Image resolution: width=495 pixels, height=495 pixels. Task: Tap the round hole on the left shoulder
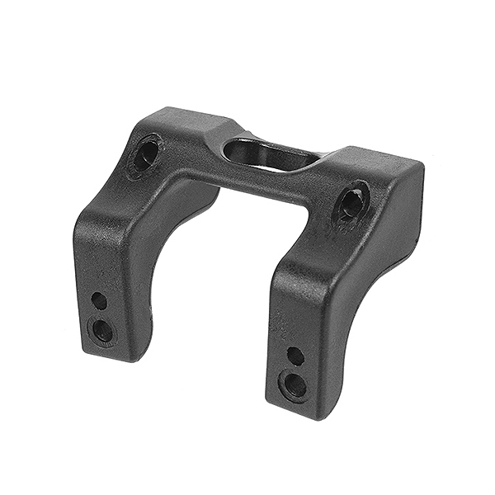[146, 153]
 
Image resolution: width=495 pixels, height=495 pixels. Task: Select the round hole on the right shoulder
[351, 201]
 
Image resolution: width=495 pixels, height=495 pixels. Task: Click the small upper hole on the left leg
[99, 300]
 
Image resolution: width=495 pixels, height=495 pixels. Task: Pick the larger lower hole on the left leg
[102, 331]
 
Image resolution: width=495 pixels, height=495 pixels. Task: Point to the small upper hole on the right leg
[295, 356]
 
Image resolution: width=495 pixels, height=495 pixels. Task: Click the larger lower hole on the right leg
[294, 385]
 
